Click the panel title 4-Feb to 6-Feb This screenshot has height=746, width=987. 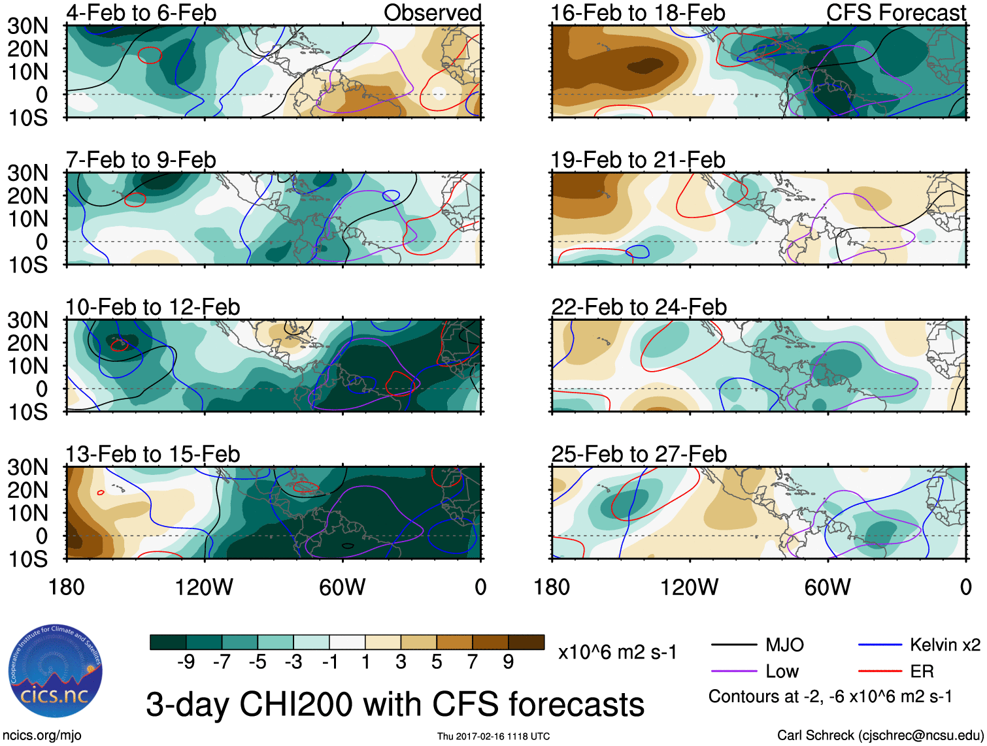click(x=141, y=12)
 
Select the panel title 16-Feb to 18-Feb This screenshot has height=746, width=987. click(x=637, y=12)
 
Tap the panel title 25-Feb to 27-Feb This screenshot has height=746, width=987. click(x=639, y=453)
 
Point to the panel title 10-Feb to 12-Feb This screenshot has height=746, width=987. click(x=153, y=306)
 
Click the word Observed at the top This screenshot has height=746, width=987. click(x=432, y=12)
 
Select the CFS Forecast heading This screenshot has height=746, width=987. click(x=895, y=12)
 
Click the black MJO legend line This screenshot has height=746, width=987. click(x=733, y=645)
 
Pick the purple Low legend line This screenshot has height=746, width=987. click(x=733, y=671)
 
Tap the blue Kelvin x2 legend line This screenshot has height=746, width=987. click(x=880, y=645)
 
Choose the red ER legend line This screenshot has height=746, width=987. click(x=880, y=671)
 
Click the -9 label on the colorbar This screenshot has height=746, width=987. click(x=186, y=662)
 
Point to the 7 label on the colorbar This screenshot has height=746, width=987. click(x=472, y=662)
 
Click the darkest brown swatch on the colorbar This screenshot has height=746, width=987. click(x=526, y=642)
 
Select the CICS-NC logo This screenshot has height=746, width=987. click(x=56, y=672)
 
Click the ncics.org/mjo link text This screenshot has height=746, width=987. click(x=42, y=735)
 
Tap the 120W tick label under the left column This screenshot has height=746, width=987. click(x=204, y=587)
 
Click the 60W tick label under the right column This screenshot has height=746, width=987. click(x=828, y=587)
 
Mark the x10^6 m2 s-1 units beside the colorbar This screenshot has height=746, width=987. click(x=617, y=652)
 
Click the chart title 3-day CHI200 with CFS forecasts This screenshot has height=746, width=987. click(x=395, y=704)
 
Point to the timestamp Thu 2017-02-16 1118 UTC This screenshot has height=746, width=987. click(x=494, y=736)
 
